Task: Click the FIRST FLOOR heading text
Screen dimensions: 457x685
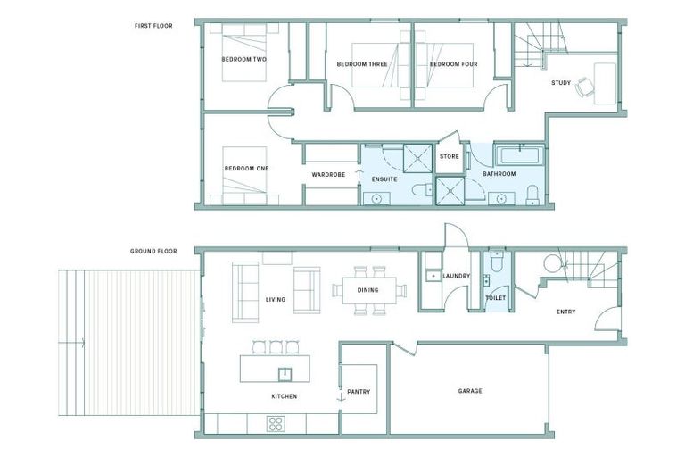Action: point(153,26)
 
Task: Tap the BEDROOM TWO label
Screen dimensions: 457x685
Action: point(243,60)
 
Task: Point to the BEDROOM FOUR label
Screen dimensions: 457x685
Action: point(454,64)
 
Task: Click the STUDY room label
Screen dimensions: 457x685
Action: point(560,83)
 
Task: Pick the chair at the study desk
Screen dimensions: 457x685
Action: point(584,87)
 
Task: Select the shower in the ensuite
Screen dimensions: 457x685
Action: point(416,157)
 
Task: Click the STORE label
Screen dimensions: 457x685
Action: point(449,156)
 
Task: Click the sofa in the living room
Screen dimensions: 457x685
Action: point(244,291)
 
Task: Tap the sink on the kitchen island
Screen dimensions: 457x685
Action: point(285,373)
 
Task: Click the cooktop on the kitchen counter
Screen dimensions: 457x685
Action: point(276,424)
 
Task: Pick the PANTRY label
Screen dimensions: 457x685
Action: point(359,392)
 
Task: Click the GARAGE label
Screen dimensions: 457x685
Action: point(470,391)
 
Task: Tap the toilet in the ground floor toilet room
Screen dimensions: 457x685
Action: point(497,260)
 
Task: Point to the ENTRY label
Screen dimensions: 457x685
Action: point(565,312)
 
